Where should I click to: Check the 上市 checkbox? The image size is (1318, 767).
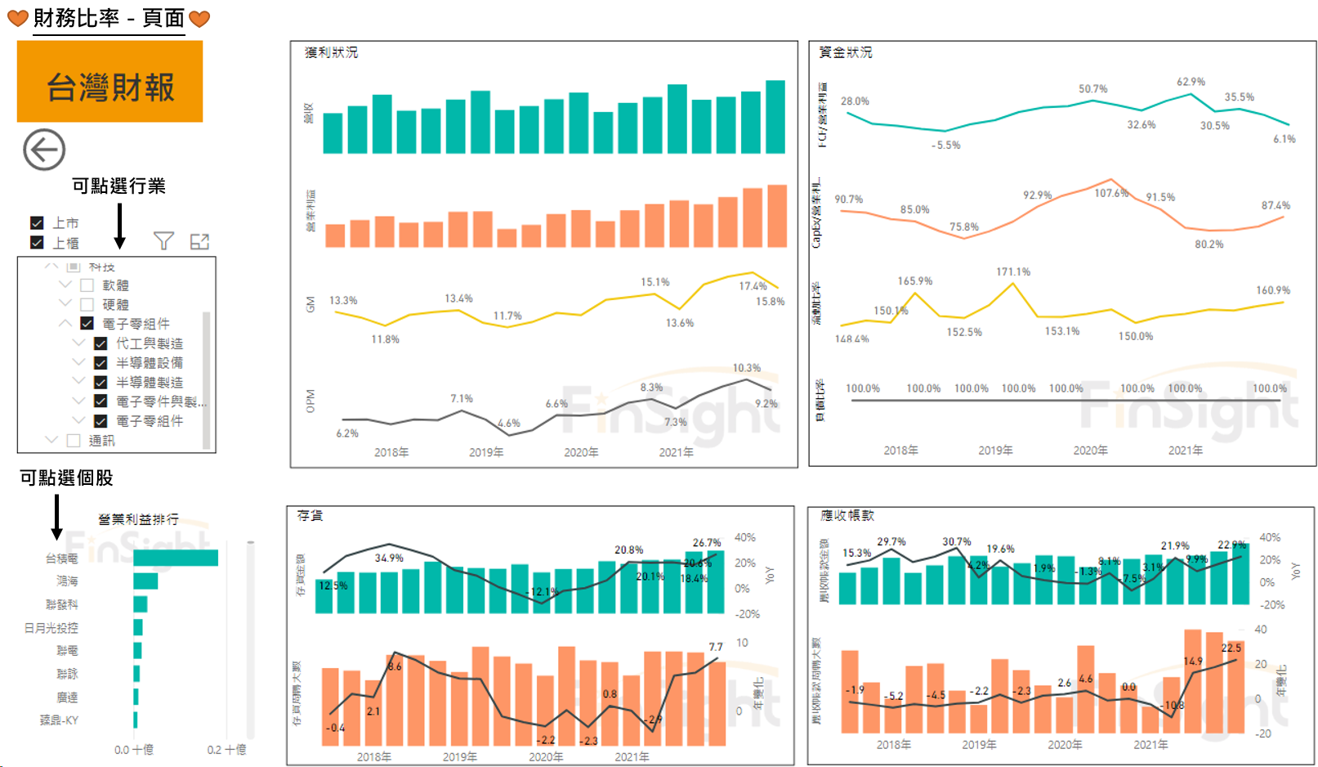[x=37, y=222]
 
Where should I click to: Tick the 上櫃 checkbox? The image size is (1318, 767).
[x=37, y=242]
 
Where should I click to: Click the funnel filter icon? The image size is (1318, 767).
[x=163, y=241]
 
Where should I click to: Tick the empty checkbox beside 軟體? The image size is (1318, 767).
[x=87, y=285]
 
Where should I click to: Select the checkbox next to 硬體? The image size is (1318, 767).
[x=87, y=304]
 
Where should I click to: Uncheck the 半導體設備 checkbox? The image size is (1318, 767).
[x=101, y=362]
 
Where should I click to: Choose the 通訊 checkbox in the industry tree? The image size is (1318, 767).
[x=74, y=441]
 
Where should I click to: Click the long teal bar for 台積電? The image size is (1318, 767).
[x=175, y=558]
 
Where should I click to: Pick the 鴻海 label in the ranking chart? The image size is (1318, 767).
[x=67, y=581]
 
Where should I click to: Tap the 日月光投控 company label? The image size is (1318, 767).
[x=51, y=628]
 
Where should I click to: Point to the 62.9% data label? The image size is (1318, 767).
[x=1191, y=82]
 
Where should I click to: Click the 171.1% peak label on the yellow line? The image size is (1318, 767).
[x=1012, y=271]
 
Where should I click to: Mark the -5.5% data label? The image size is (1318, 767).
[x=945, y=145]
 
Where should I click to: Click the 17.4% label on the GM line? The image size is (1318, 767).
[x=753, y=285]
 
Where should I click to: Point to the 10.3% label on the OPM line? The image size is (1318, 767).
[x=746, y=368]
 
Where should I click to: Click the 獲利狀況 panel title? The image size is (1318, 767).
[x=331, y=52]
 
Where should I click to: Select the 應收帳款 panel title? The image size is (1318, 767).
[x=847, y=515]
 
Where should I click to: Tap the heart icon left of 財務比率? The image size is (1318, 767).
[x=17, y=18]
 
